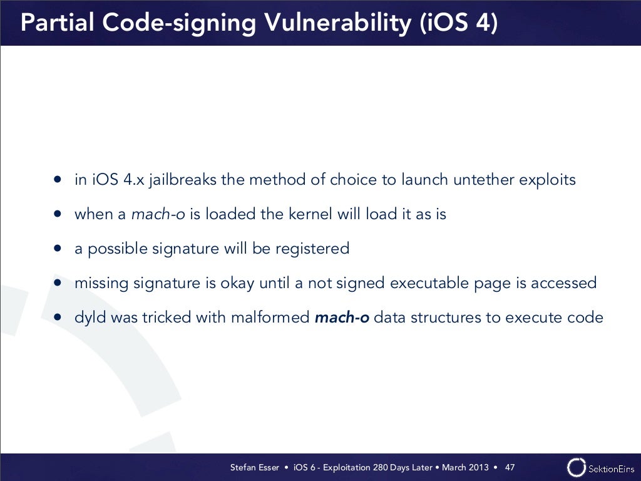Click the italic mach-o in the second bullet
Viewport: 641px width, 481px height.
pos(158,214)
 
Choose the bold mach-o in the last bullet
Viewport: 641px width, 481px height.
pos(342,318)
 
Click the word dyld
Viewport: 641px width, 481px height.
pos(90,318)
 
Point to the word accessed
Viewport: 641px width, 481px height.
pos(563,283)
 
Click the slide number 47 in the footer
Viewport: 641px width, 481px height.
pos(510,467)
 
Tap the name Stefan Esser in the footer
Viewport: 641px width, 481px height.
pos(255,467)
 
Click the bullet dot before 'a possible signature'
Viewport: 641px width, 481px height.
pos(58,249)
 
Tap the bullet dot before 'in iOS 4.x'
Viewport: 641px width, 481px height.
pos(58,180)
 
